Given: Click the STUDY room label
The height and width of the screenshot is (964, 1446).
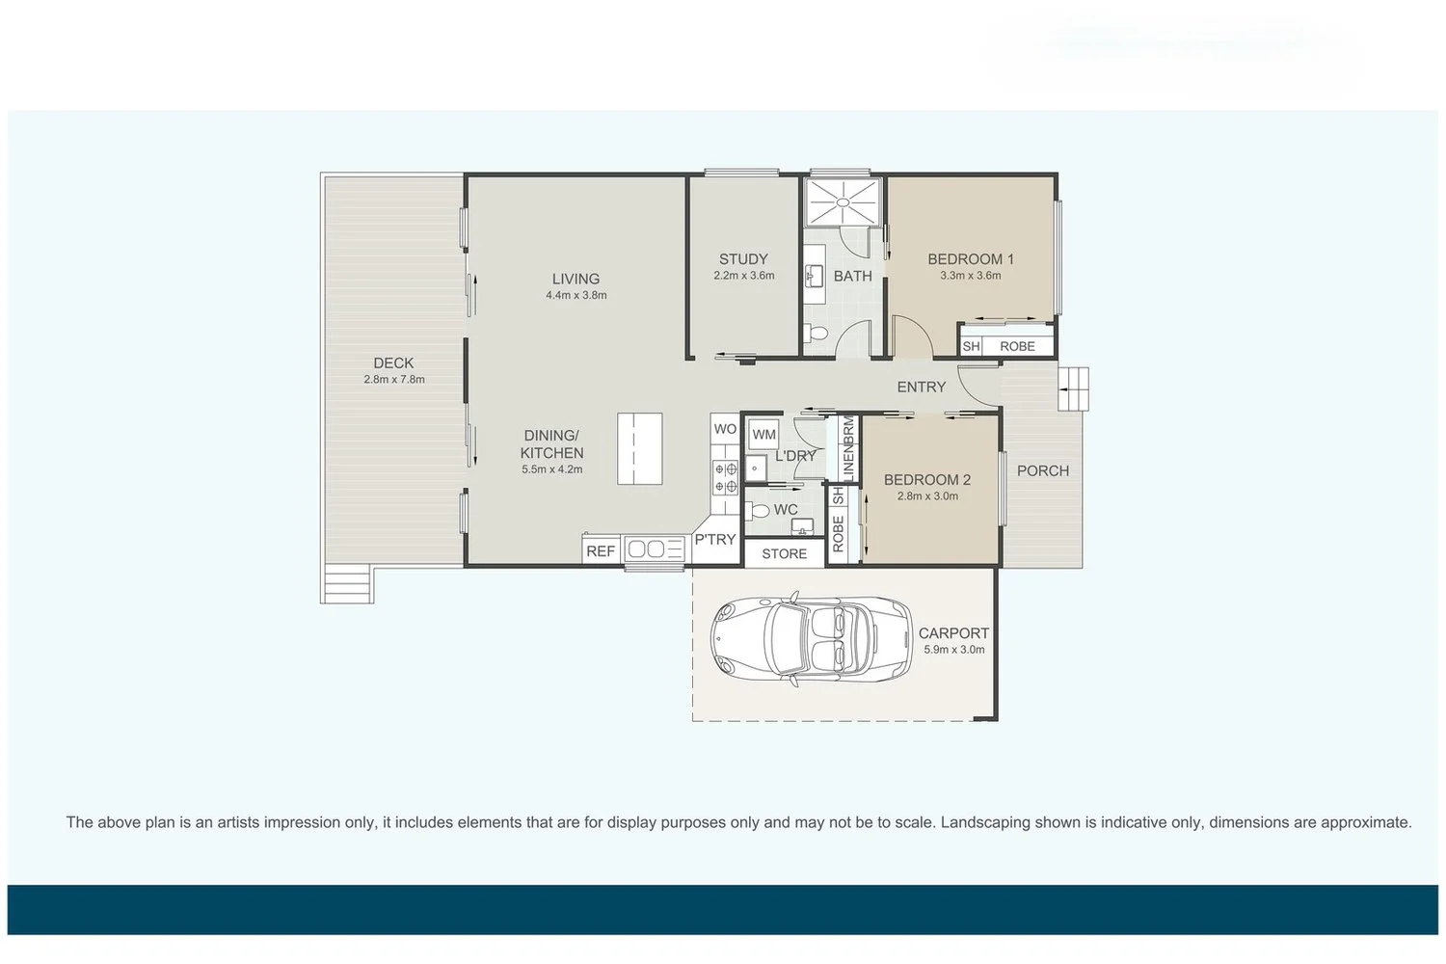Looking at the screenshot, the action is pos(743,259).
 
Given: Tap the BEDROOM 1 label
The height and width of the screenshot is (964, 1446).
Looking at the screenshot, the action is pos(970,259).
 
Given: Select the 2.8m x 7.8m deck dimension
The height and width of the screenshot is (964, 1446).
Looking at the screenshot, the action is pos(393,379).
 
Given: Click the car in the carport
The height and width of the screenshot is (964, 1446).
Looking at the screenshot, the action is pos(812,638).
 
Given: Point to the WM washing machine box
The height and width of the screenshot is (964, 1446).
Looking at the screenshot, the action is pos(763,435).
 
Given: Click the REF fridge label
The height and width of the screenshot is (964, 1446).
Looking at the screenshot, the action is pos(601,551).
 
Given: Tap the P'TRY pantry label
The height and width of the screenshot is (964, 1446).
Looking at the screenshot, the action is pos(715,539).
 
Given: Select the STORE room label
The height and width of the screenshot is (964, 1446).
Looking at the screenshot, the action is pos(785,554).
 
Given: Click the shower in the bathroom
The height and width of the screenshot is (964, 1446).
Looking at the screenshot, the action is pos(843,201).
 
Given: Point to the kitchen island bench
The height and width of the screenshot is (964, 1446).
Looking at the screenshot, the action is pos(640,449).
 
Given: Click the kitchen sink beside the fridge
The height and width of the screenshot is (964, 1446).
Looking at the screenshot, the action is pos(654,549).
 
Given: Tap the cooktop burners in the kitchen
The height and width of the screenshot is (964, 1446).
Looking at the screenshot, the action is pos(725,477).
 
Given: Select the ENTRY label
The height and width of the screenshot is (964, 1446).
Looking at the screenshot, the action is pos(922,387).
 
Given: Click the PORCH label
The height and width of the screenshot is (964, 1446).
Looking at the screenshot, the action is pos(1042,470).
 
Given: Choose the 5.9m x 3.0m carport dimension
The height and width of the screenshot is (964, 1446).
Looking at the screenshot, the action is pos(954,650).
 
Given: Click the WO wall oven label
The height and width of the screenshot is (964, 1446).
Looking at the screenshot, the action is pos(725,429).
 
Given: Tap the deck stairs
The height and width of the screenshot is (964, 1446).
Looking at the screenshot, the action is pos(347,583).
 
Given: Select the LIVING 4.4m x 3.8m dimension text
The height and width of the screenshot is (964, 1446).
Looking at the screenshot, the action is pos(576,295).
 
